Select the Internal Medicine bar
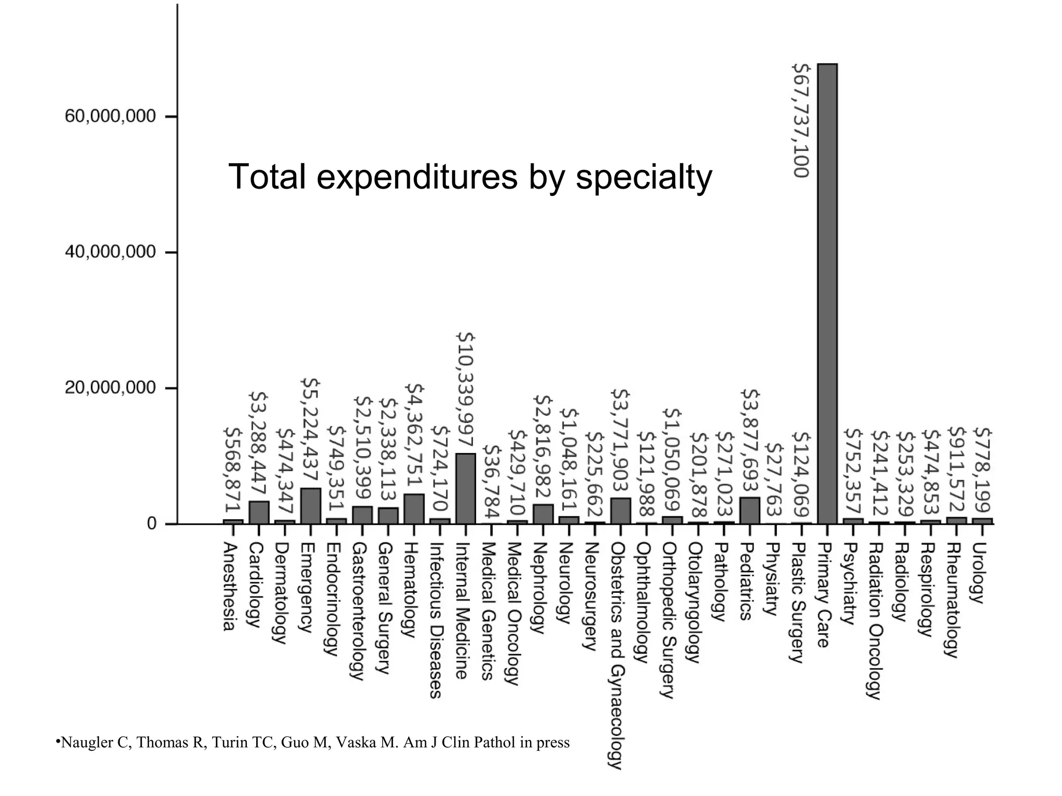[465, 489]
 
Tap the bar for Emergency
[310, 506]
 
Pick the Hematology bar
[414, 508]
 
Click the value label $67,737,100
[801, 120]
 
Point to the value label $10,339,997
[465, 390]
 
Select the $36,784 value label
[491, 482]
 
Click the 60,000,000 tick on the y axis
[110, 116]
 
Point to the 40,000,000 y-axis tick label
[110, 252]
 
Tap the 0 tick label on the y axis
[151, 524]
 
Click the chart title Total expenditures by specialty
[470, 177]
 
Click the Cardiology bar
[259, 512]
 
